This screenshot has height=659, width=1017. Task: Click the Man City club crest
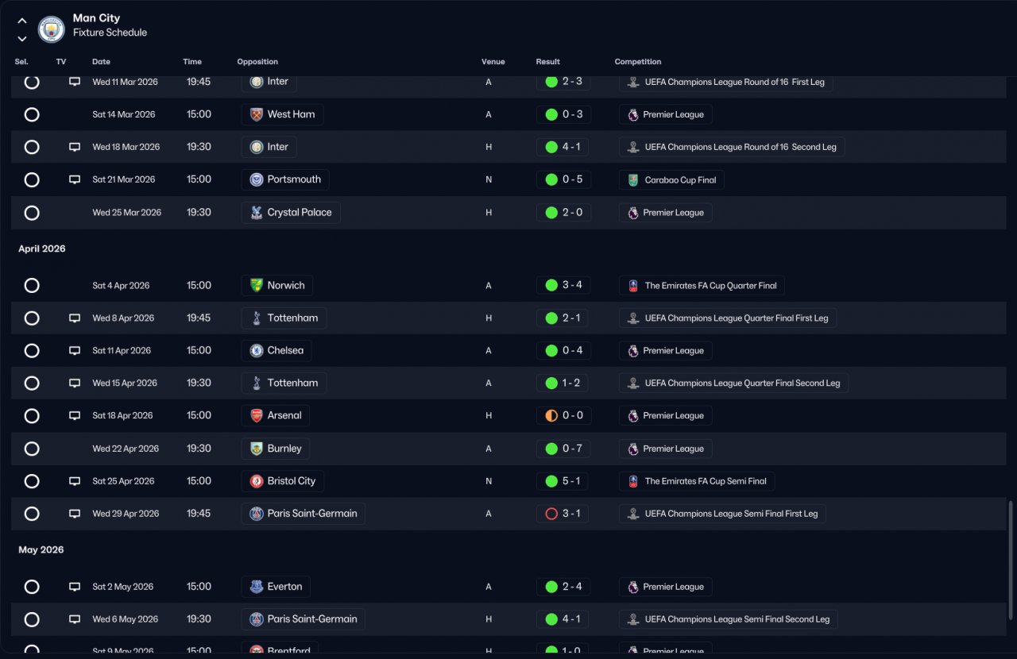pyautogui.click(x=52, y=29)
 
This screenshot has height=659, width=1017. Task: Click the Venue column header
pyautogui.click(x=493, y=62)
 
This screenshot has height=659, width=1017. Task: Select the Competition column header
pyautogui.click(x=637, y=62)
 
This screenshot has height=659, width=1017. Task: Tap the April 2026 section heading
pyautogui.click(x=42, y=249)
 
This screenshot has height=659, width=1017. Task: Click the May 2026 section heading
pyautogui.click(x=41, y=549)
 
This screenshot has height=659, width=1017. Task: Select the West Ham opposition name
pyautogui.click(x=291, y=114)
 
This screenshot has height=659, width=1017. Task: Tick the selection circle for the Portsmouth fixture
pyautogui.click(x=32, y=179)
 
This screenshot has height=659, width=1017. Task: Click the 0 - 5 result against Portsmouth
pyautogui.click(x=572, y=179)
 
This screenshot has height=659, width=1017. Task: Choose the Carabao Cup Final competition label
pyautogui.click(x=680, y=180)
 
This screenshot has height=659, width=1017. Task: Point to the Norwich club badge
pyautogui.click(x=257, y=286)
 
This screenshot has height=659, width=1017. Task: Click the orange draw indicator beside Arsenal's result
pyautogui.click(x=551, y=416)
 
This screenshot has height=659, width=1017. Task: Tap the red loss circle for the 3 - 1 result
pyautogui.click(x=551, y=514)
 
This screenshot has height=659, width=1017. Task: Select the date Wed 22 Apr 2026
pyautogui.click(x=126, y=449)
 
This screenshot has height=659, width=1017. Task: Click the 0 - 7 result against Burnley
pyautogui.click(x=572, y=449)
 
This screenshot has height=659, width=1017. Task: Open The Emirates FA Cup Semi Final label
pyautogui.click(x=706, y=481)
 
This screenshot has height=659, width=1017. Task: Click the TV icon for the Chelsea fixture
pyautogui.click(x=75, y=350)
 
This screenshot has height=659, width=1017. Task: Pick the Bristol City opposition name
pyautogui.click(x=292, y=481)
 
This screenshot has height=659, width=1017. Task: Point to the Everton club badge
pyautogui.click(x=257, y=587)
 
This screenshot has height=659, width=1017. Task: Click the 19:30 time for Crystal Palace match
pyautogui.click(x=199, y=213)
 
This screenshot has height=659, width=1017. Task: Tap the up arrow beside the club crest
pyautogui.click(x=21, y=21)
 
